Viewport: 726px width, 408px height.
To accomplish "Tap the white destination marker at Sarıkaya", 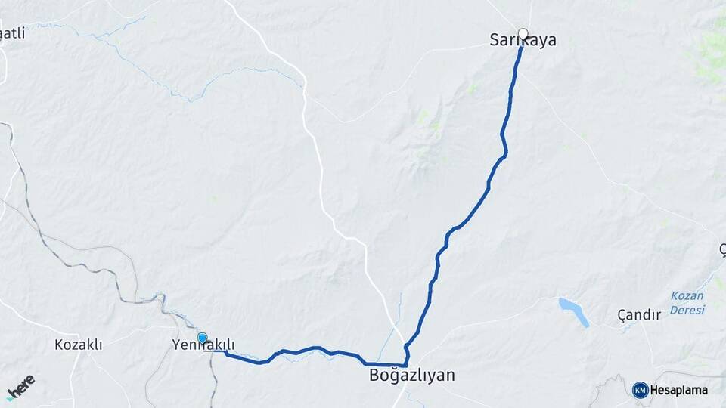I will click(x=523, y=33).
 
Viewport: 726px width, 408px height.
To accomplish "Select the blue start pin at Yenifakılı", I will click(x=202, y=338).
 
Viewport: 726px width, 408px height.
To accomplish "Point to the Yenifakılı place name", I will click(x=203, y=345).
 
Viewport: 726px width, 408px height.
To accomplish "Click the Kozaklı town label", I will click(x=78, y=345).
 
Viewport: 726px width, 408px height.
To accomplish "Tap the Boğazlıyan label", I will click(x=411, y=375).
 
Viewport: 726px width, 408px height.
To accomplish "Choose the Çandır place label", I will click(x=639, y=314).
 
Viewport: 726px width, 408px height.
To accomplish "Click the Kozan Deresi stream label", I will click(x=687, y=303).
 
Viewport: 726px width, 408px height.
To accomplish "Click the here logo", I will click(x=20, y=387).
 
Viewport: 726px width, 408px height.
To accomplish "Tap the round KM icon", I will click(x=640, y=390).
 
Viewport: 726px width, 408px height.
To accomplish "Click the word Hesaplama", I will click(x=679, y=391).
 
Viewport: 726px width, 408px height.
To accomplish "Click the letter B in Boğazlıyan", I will click(x=374, y=375).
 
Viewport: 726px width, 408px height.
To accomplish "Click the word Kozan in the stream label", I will click(x=687, y=296).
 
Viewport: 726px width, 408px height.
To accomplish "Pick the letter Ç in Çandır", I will click(x=622, y=314).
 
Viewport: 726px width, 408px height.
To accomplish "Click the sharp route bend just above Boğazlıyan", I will click(x=406, y=347).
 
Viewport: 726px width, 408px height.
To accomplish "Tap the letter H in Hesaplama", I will click(x=656, y=391).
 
